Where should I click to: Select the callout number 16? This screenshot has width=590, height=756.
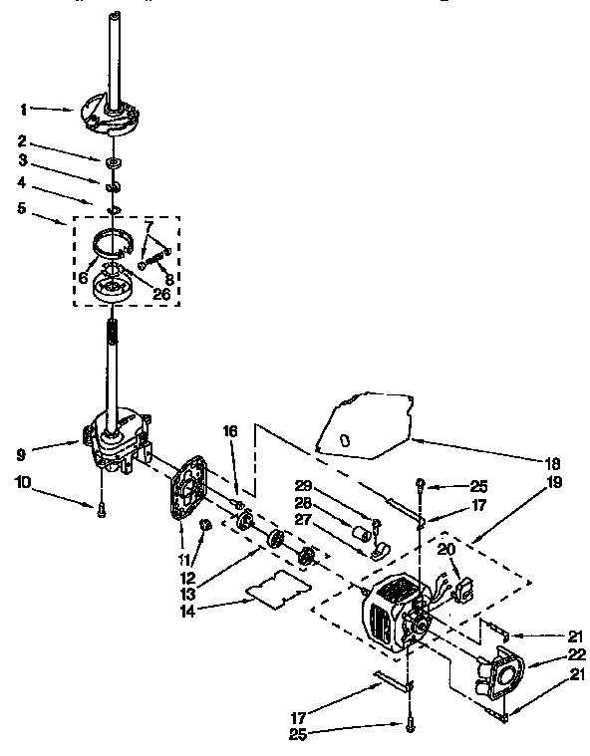pos(229,432)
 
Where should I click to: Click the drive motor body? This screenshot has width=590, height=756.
pos(394,618)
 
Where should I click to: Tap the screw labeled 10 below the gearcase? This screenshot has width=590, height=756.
pos(101,508)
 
